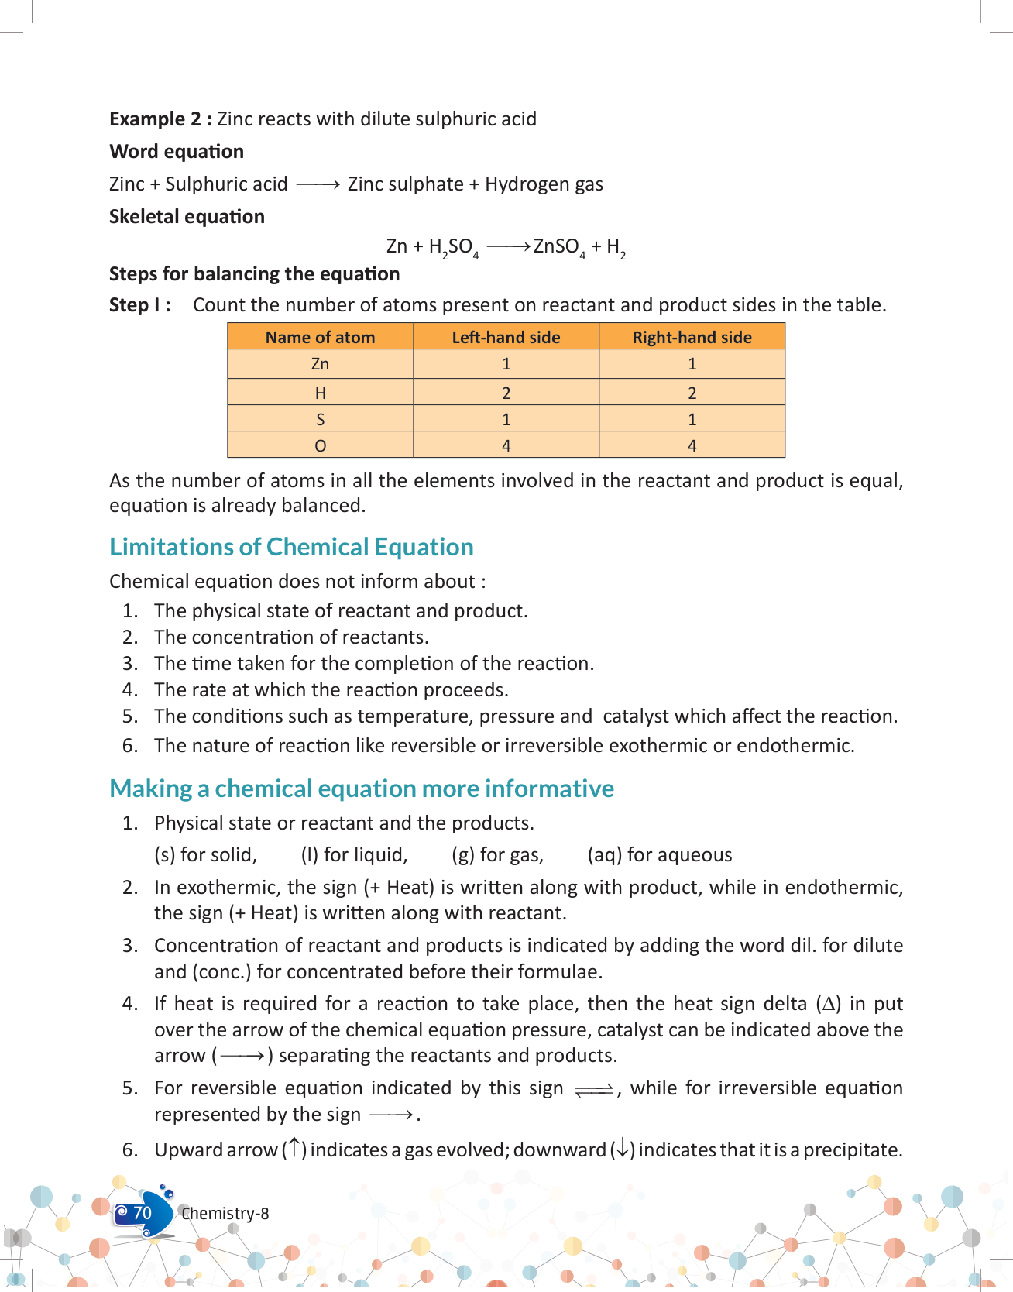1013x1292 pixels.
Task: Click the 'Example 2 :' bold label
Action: tap(160, 119)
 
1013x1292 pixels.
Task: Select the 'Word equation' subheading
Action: tap(177, 152)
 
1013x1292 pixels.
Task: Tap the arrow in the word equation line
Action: tap(318, 184)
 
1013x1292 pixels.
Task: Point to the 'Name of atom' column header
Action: tap(320, 338)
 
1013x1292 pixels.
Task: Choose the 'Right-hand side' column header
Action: tap(692, 338)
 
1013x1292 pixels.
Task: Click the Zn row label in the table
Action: tap(320, 364)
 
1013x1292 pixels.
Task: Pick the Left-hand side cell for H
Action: tap(506, 393)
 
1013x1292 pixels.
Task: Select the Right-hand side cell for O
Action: tap(692, 445)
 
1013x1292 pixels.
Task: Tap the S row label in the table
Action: tap(320, 420)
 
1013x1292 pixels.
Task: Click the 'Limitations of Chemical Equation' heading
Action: tap(291, 547)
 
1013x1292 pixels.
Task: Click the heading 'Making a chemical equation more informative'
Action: tap(362, 789)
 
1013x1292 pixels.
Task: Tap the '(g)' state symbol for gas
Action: tap(463, 855)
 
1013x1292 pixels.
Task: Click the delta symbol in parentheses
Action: tap(829, 1005)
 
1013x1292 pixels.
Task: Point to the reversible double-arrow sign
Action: tap(594, 1090)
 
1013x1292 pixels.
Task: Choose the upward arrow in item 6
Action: tap(294, 1149)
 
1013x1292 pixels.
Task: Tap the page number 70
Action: tap(143, 1213)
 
